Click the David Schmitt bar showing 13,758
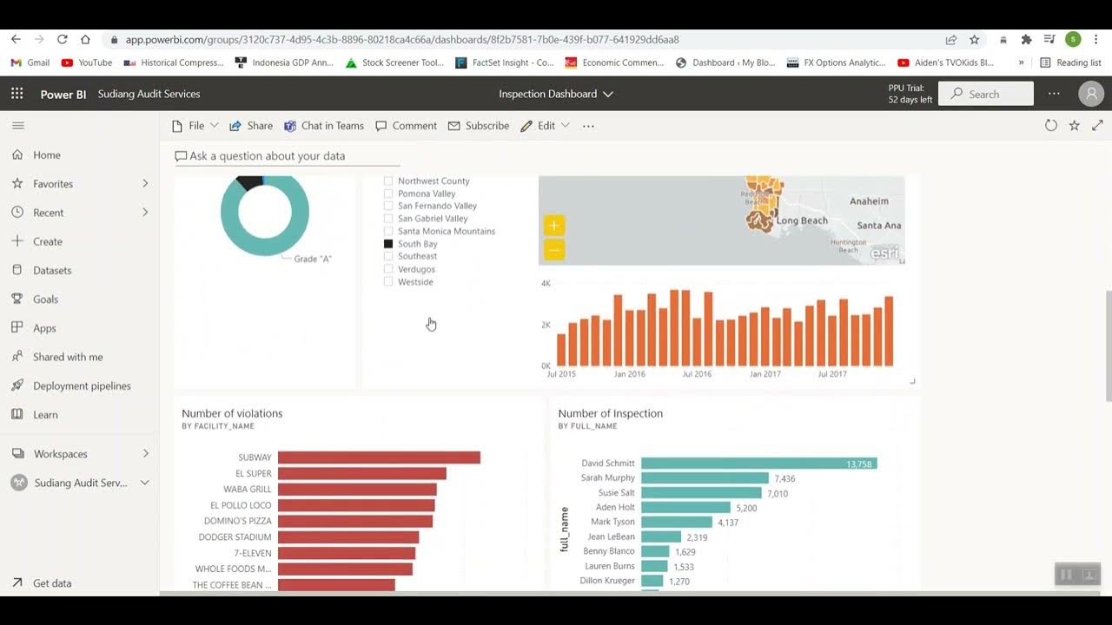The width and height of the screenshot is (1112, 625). pos(758,464)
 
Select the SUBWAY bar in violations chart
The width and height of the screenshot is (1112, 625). pos(379,457)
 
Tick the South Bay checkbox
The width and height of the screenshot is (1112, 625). pos(388,244)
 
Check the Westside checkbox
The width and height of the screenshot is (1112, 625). pos(388,282)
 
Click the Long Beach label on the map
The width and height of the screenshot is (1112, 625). pos(802,220)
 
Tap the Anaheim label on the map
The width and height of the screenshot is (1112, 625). pos(869,201)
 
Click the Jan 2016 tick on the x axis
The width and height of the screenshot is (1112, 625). pos(630,374)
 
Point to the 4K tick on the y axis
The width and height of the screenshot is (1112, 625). pos(546,284)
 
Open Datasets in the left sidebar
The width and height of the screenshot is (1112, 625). pos(52,270)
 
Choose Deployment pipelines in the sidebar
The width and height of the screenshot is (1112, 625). pos(82,385)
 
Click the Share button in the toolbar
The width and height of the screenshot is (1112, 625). pos(251,126)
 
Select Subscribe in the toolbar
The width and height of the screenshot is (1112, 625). pos(479,126)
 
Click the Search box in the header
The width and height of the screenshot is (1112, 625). pos(987,94)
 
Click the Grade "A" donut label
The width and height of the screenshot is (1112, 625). pos(313,259)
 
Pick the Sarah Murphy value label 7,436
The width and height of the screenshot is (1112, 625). pos(784,478)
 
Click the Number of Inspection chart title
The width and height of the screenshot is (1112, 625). pos(610,413)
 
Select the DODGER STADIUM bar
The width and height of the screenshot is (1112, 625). pos(347,537)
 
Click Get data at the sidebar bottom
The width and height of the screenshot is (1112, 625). pos(52,583)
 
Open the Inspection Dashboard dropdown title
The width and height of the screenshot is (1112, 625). pos(556,94)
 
